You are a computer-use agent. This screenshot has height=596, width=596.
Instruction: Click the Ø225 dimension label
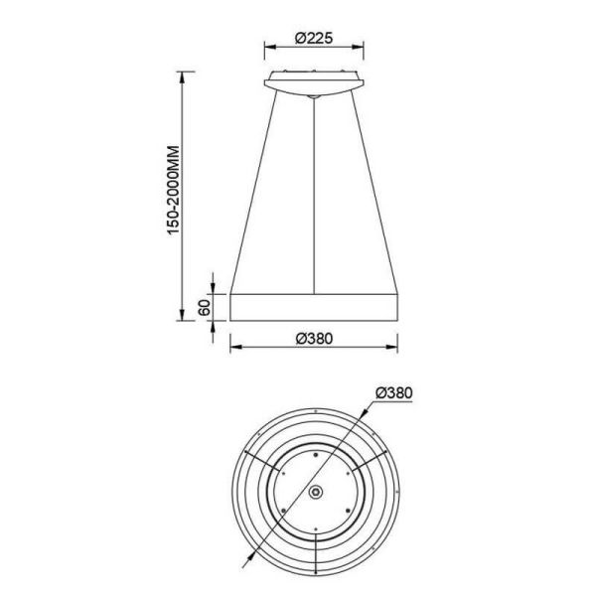(x=314, y=38)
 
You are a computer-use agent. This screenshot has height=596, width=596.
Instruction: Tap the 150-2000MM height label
(x=173, y=190)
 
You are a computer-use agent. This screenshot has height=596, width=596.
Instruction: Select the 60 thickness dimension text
(x=204, y=308)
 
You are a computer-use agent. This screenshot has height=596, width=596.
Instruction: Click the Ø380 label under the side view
(x=314, y=339)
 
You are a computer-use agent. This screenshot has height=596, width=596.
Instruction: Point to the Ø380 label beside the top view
(x=393, y=393)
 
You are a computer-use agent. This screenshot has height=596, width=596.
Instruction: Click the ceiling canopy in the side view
(x=314, y=83)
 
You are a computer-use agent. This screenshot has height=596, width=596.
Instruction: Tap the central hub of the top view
(x=315, y=493)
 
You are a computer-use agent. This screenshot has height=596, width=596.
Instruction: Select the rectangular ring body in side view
(x=314, y=307)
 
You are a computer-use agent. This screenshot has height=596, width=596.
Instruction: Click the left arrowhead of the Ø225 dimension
(x=270, y=47)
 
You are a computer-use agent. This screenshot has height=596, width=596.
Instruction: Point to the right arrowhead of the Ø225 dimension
(x=358, y=47)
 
